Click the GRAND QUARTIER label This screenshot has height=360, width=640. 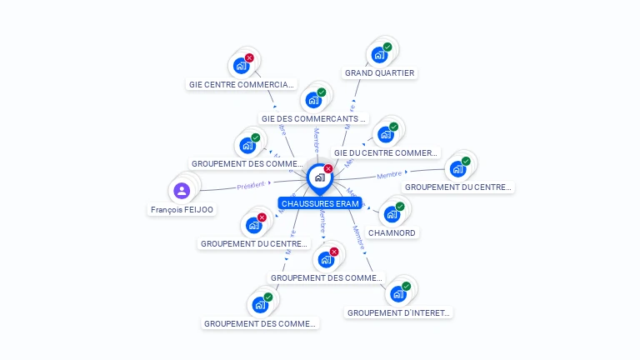click(379, 73)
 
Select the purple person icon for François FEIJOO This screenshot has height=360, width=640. click(182, 191)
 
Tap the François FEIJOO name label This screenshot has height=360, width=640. click(182, 210)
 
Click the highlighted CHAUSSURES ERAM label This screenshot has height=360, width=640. click(320, 203)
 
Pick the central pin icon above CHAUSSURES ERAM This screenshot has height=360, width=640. click(319, 177)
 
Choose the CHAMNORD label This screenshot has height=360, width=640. click(392, 232)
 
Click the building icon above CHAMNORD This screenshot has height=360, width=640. click(392, 214)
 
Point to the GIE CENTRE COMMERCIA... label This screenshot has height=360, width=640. click(241, 84)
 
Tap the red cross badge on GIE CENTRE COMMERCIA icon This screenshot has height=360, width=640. click(249, 58)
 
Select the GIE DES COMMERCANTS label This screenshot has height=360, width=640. click(313, 118)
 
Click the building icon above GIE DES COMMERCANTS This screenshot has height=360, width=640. click(313, 100)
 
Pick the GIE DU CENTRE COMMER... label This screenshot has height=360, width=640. click(386, 153)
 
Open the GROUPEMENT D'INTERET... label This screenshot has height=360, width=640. click(398, 313)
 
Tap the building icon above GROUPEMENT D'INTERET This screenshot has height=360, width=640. click(398, 294)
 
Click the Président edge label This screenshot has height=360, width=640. click(251, 185)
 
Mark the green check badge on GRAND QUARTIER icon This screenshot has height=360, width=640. click(387, 47)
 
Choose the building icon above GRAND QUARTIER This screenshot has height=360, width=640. click(379, 55)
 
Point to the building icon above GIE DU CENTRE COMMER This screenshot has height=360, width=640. click(385, 134)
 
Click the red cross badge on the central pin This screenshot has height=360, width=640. click(328, 169)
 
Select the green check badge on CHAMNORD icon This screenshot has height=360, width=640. click(400, 207)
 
